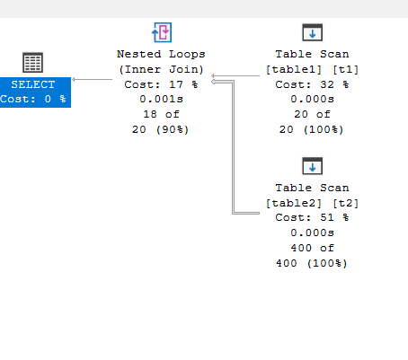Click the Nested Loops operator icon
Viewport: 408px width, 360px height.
[162, 32]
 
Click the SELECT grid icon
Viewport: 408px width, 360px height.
[33, 62]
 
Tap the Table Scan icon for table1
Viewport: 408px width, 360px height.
[313, 32]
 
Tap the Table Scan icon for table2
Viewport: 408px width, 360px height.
[313, 166]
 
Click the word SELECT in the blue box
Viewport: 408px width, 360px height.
[33, 84]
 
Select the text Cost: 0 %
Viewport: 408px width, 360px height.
[33, 99]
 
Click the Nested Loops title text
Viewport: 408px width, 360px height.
[161, 54]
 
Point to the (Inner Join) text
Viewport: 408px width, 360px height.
[161, 69]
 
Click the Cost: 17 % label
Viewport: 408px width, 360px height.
[161, 84]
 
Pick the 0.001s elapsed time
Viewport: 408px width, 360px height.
[161, 99]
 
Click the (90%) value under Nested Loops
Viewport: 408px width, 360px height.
[173, 129]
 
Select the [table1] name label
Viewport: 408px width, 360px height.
[294, 69]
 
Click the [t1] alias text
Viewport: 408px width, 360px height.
[346, 69]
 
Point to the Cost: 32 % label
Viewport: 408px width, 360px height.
[312, 84]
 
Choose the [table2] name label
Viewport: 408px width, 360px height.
[294, 203]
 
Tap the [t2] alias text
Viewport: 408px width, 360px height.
[346, 203]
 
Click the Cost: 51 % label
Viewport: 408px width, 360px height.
[312, 217]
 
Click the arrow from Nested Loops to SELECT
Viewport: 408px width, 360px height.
[93, 79]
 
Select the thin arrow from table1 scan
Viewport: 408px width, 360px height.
[235, 75]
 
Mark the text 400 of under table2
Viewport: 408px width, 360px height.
[312, 248]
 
